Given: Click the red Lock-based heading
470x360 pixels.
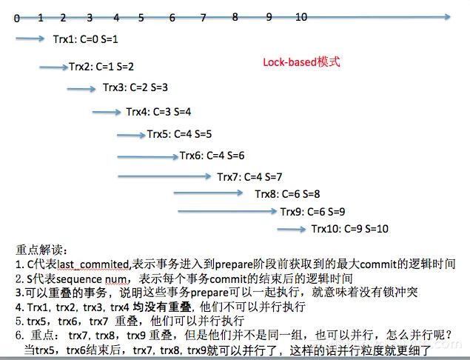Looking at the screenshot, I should [x=301, y=63].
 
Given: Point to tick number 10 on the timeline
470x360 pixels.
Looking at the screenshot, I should [x=301, y=17].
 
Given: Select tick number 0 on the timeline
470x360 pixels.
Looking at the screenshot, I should [x=16, y=18].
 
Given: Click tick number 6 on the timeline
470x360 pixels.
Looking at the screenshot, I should [x=172, y=18].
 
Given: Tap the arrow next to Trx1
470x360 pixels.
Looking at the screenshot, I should [x=30, y=39].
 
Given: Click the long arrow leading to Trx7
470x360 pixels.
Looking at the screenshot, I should [x=164, y=176].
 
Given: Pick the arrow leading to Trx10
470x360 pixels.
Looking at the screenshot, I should [x=292, y=229].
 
